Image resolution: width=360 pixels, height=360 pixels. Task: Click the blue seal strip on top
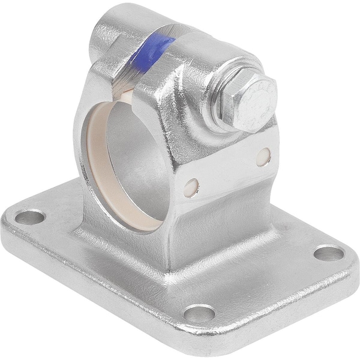pyautogui.click(x=151, y=52)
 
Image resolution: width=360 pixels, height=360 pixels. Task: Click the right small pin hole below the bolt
pyautogui.click(x=263, y=157)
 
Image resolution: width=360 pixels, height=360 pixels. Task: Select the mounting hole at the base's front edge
pyautogui.click(x=200, y=312)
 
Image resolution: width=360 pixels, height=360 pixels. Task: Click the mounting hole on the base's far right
pyautogui.click(x=329, y=253)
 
